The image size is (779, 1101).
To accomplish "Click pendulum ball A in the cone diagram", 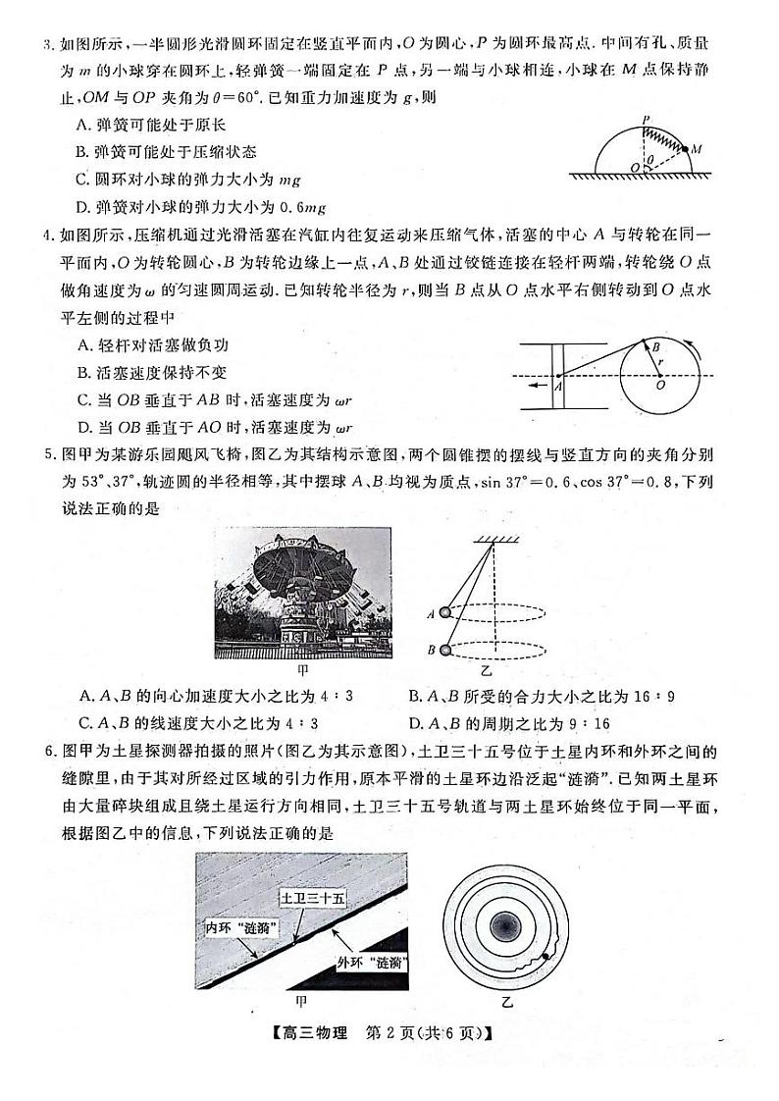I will tap(445, 612).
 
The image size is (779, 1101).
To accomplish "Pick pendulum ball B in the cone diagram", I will tap(445, 650).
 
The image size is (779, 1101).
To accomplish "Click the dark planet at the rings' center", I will tap(506, 925).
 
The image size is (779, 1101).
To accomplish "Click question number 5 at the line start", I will tap(38, 456).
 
